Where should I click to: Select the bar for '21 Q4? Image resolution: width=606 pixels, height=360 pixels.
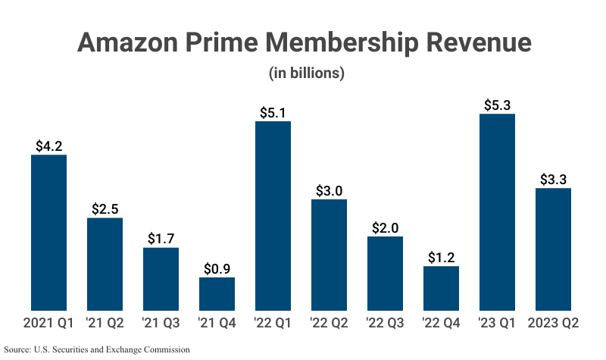[217, 294]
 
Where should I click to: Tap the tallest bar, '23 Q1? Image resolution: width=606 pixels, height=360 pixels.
[498, 212]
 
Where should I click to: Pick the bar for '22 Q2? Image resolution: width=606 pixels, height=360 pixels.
[329, 255]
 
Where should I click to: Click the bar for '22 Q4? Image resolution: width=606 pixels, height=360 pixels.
[441, 288]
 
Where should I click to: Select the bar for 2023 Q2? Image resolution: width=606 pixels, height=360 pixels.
[553, 249]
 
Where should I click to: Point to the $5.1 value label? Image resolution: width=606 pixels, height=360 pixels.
[273, 111]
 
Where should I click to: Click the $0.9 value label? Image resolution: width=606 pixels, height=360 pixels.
[217, 268]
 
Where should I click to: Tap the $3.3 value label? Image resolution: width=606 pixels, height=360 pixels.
[553, 179]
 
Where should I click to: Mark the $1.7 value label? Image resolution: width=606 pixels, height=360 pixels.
[161, 238]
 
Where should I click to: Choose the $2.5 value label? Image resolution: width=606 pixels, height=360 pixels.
[105, 208]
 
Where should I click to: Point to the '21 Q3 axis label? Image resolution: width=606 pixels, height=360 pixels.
[161, 323]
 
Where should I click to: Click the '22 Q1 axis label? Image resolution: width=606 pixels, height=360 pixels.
[273, 323]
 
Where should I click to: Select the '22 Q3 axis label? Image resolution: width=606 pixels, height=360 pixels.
[385, 323]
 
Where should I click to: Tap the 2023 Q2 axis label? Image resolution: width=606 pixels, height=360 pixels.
[553, 323]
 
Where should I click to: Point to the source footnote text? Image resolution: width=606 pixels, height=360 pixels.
[96, 349]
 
